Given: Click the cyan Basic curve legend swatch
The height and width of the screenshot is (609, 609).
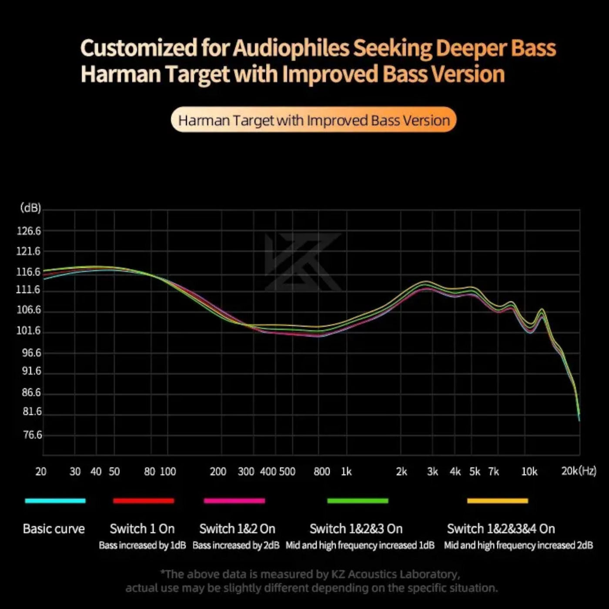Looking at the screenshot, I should (x=55, y=501).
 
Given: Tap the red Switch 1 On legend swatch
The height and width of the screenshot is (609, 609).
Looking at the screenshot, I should (x=144, y=501).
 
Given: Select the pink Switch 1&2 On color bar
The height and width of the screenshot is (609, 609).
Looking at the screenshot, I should (x=234, y=501).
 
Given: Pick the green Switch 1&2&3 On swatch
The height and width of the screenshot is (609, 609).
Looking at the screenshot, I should (x=358, y=501).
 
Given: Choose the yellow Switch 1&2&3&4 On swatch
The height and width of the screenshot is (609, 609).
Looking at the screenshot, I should (x=498, y=501).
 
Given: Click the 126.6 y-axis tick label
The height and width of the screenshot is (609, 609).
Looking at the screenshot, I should (x=29, y=231).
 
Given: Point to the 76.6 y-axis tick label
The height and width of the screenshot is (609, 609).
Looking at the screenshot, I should (x=32, y=435).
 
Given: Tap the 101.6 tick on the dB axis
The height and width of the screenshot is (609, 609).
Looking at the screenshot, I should (x=29, y=331).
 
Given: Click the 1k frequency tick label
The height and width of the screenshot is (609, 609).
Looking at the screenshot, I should (x=346, y=472).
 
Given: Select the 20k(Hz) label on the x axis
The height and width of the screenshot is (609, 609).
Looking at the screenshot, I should (x=579, y=471).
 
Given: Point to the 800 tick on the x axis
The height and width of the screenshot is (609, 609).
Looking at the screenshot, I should (x=322, y=472).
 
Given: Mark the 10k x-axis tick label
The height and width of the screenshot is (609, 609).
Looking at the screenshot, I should (x=529, y=472).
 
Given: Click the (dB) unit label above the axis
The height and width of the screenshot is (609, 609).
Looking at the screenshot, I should (x=30, y=208).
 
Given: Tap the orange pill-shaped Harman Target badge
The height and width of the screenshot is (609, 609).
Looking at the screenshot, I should (x=314, y=120).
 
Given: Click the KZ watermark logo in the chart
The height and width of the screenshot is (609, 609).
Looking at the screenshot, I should (x=303, y=262).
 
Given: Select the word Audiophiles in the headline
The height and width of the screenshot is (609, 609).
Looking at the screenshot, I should (x=291, y=48).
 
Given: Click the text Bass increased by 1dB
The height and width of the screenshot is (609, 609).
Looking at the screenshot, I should (x=142, y=545).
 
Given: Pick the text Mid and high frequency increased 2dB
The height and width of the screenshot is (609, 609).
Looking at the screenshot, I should (x=518, y=545).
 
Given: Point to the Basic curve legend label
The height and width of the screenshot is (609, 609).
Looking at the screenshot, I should (x=54, y=529).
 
